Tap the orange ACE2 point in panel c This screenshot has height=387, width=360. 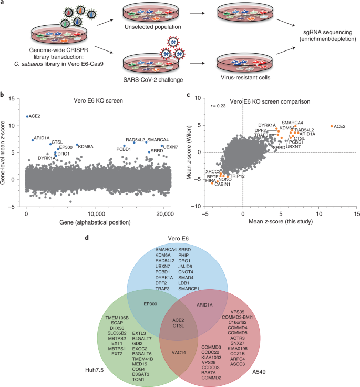tap(332, 126)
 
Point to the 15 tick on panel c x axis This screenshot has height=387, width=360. tap(357, 215)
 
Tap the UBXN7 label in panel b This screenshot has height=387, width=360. tap(171, 147)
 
